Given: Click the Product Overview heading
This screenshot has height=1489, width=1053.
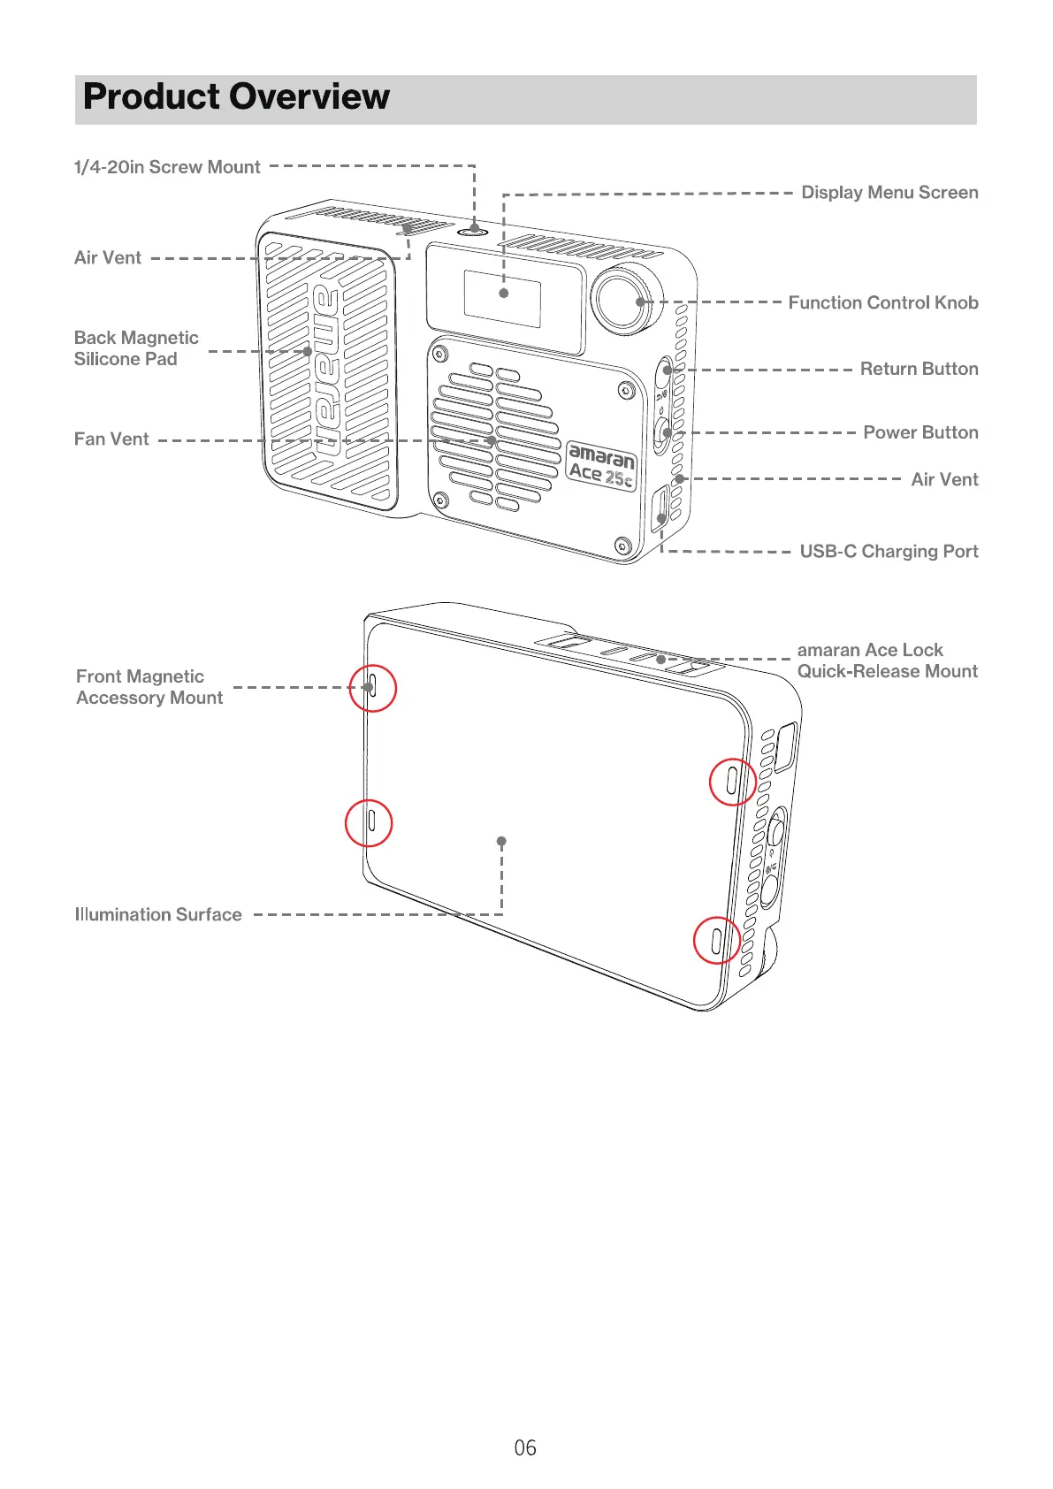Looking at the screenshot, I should (236, 97).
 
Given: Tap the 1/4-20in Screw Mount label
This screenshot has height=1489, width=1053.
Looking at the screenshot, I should (167, 167).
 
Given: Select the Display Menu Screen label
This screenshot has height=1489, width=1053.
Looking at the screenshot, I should (889, 193).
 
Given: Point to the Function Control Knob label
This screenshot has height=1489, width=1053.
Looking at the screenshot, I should (882, 302).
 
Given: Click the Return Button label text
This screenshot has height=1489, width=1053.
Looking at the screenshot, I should (919, 369).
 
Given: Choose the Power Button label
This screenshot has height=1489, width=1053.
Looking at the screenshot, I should (920, 432).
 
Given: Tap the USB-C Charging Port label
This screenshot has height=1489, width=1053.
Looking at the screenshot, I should (889, 551).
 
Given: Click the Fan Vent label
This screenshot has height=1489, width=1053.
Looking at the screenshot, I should (111, 439).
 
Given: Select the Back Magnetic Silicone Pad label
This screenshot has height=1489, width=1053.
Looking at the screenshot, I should (136, 348).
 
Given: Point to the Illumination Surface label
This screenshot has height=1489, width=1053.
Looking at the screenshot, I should (158, 914).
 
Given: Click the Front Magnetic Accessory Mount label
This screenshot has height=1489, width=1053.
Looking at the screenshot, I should (149, 687).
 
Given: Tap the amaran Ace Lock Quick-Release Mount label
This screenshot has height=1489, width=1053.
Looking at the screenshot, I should (887, 661).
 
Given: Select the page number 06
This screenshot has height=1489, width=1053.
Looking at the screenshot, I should (525, 1447).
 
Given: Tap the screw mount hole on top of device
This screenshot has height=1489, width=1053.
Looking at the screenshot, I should (475, 230).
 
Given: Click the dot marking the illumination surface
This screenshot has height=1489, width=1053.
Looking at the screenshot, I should (501, 841).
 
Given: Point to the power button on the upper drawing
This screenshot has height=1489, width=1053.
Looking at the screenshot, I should (665, 433).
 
